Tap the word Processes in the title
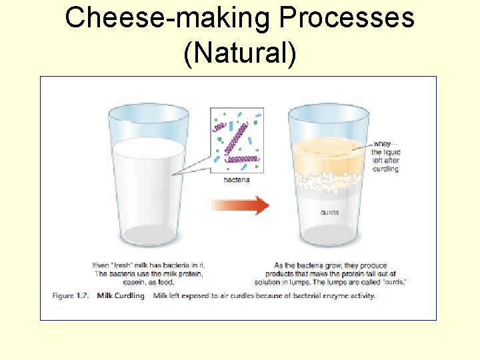(347, 18)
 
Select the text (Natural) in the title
(239, 53)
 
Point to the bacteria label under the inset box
(236, 181)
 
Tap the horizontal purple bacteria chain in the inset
(242, 159)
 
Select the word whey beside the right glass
(382, 144)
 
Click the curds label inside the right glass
(329, 213)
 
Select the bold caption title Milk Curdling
(121, 295)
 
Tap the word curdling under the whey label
(386, 169)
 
